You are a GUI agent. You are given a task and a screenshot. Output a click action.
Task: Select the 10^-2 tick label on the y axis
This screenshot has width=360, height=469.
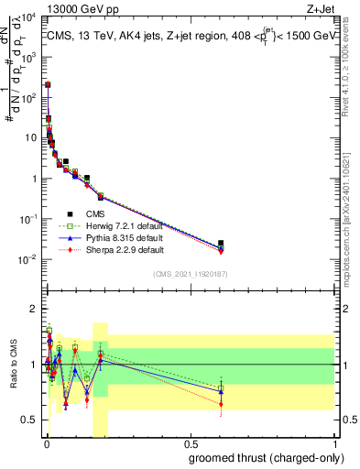click(x=27, y=259)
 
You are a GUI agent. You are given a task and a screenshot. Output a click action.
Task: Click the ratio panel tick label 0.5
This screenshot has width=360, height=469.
click(x=29, y=420)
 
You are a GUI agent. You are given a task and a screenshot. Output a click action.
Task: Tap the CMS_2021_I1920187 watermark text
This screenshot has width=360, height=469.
click(x=190, y=274)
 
